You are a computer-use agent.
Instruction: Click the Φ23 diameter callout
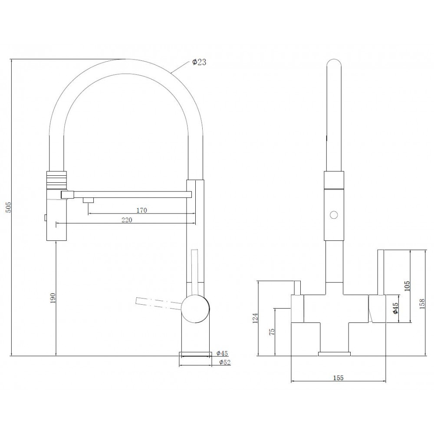[199, 62]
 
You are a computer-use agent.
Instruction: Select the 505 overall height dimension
[8, 207]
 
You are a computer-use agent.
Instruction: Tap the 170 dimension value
[142, 210]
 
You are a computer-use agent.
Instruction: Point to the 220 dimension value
[127, 220]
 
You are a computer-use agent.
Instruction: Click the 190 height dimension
[53, 298]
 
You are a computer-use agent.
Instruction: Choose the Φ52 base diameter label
[225, 362]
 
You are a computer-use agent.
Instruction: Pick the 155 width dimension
[338, 378]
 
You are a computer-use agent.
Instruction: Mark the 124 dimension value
[255, 318]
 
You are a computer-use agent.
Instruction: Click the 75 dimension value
[272, 332]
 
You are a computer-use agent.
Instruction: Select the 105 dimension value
[407, 286]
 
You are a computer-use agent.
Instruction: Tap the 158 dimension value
[422, 304]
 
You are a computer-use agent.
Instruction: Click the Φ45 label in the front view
[395, 308]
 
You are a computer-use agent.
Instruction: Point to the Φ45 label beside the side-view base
[222, 353]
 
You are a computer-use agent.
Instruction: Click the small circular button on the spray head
[334, 215]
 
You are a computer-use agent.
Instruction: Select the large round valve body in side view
[195, 309]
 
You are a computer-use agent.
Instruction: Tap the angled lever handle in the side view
[158, 303]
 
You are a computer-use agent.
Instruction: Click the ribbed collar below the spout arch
[57, 180]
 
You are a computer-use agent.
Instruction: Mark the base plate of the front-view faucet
[334, 354]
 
